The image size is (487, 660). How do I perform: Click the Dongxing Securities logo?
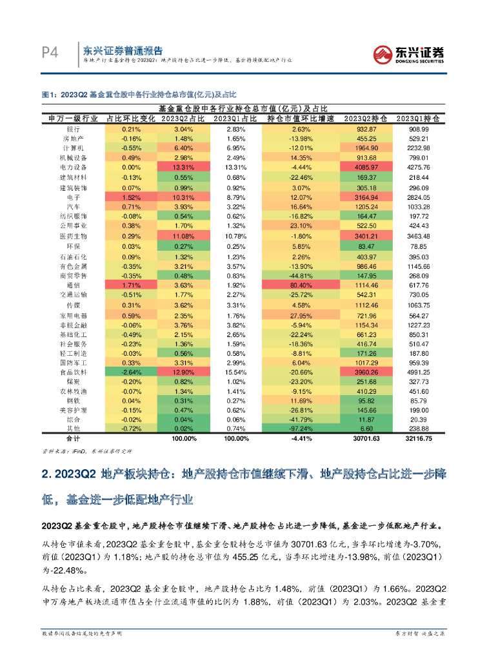(410, 55)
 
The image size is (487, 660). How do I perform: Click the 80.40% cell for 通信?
(301, 285)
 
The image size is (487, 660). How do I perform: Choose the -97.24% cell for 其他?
(301, 429)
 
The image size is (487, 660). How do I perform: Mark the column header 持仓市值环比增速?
(301, 119)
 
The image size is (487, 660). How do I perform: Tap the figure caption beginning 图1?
(139, 94)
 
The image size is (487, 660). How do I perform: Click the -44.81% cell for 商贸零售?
(301, 275)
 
